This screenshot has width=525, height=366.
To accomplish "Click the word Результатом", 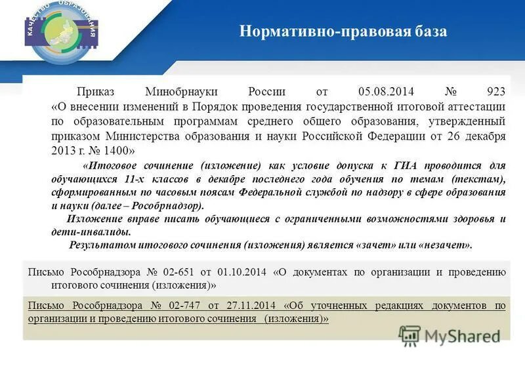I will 102,245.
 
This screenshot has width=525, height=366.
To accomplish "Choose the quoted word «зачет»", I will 375,245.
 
